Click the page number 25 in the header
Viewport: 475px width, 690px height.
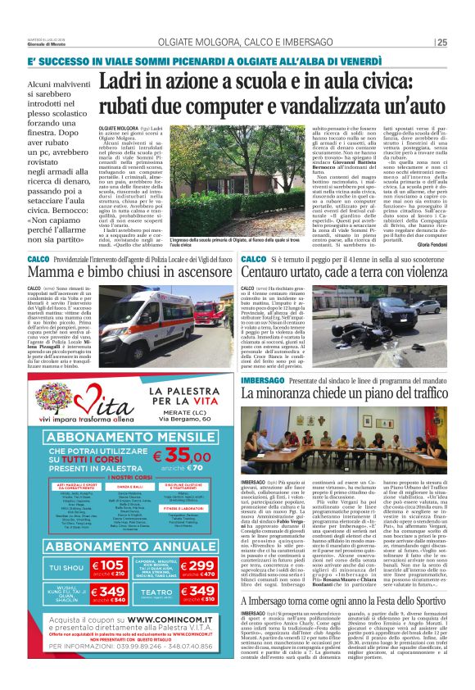[441, 43]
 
